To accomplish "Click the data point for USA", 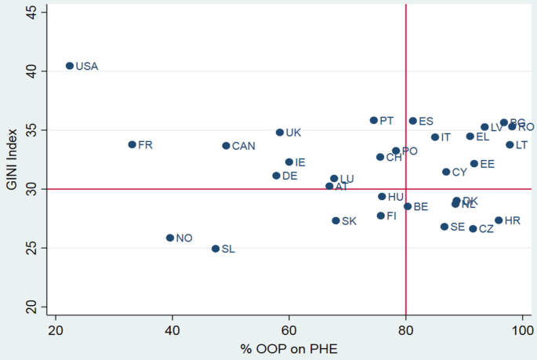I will click(69, 66).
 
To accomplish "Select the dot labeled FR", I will click(132, 144).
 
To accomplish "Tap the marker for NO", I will click(169, 238).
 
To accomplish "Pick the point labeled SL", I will click(216, 249).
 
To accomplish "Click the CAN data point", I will click(226, 145).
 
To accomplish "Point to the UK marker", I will click(279, 133).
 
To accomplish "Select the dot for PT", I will click(373, 120).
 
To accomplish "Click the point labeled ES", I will click(412, 121).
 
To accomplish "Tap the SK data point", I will click(336, 220).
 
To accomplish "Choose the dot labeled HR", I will click(499, 220).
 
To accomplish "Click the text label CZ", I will click(487, 229).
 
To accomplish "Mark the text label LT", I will click(521, 145).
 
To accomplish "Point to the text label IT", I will click(445, 137).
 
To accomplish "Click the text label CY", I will click(459, 173).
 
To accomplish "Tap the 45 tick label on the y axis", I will click(29, 11).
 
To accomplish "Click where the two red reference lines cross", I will click(405, 189).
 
